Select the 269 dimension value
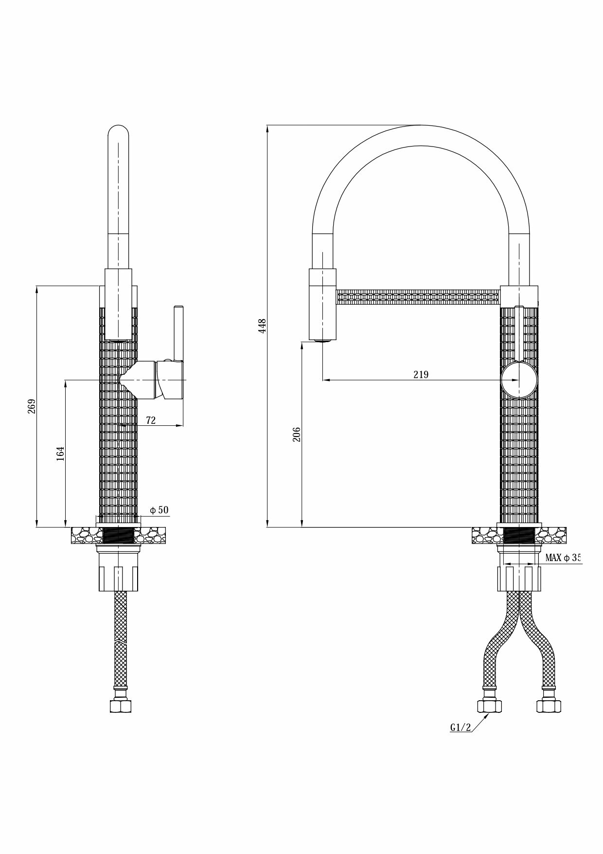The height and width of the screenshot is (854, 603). [32, 406]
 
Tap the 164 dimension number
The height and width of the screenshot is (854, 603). [60, 454]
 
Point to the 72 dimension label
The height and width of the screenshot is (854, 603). [151, 420]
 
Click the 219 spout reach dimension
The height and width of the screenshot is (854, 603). [421, 374]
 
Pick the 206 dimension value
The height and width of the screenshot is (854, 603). [297, 434]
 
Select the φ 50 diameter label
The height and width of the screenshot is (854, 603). [159, 510]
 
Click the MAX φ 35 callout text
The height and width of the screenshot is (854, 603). [563, 558]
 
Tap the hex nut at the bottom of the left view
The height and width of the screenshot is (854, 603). [118, 706]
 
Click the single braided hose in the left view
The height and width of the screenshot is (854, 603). [119, 637]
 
